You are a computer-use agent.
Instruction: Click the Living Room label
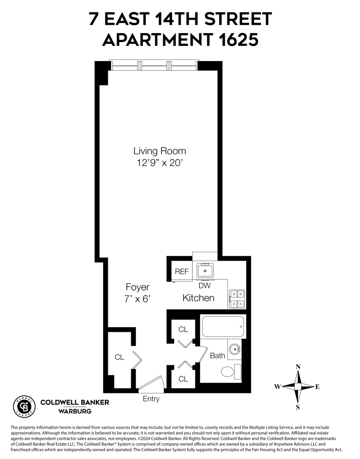point(159,151)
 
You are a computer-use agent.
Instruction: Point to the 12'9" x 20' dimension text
point(159,162)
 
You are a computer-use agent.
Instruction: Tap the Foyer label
point(138,287)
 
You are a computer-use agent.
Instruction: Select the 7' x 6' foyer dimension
point(138,298)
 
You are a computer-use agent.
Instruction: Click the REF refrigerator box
point(182,271)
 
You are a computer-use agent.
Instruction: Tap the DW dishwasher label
point(205,285)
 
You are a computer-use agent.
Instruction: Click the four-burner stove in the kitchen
point(237,298)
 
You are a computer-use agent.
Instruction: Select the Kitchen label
point(198,298)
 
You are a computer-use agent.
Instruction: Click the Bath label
point(217,355)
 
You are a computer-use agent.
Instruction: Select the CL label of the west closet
point(119,357)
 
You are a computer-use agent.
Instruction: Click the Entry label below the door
point(151,399)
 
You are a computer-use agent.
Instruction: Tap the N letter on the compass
point(298,366)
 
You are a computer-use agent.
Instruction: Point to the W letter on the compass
point(277,387)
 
